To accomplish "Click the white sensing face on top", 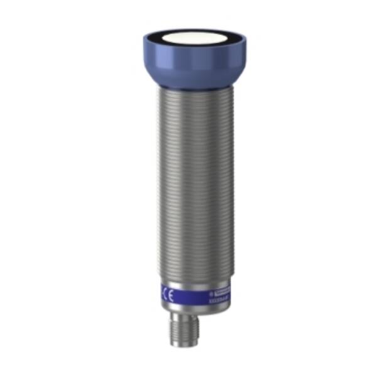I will (x=194, y=41).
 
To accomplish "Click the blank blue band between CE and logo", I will (x=188, y=294).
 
